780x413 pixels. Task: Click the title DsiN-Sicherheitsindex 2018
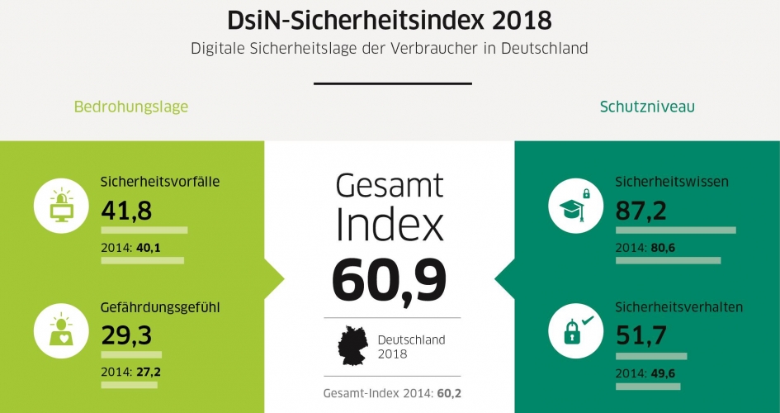pos(390,19)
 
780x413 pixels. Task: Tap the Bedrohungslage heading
pos(131,107)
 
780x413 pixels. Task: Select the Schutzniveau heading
pos(647,107)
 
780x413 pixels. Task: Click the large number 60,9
pos(389,280)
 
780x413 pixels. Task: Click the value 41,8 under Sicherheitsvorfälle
pos(126,211)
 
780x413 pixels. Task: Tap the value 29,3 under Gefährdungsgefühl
pos(126,335)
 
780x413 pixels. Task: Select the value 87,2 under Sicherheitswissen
pos(642,211)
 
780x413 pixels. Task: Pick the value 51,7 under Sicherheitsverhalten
pos(641,335)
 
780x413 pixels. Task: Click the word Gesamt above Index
pos(389,186)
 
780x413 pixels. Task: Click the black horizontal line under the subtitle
pos(393,83)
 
